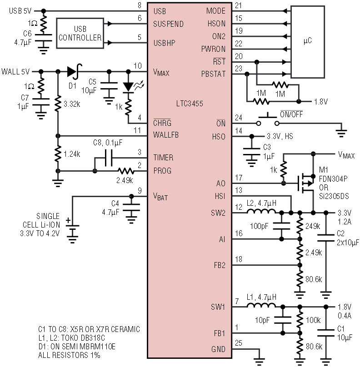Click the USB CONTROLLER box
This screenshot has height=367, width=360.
coord(80,33)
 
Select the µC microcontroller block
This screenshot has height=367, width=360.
coord(308,42)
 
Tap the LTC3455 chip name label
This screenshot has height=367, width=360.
coord(190,104)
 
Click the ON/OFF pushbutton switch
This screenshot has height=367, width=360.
coord(268,120)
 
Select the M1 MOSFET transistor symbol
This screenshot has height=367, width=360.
coord(305,183)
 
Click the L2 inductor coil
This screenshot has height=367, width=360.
coord(261,211)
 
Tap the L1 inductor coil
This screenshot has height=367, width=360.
coord(261,305)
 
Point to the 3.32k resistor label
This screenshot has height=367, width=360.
coord(72,104)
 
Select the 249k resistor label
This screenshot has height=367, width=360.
coord(313,226)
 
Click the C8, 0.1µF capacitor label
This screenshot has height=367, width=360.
coord(108,143)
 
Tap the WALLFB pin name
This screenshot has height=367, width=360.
coord(166,135)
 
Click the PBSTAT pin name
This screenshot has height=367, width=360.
coord(213,74)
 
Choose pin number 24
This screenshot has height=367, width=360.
coord(239,118)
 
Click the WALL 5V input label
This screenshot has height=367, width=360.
coord(15,71)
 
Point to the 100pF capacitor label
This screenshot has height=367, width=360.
coord(259,226)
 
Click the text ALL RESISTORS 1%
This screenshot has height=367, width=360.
coord(69,355)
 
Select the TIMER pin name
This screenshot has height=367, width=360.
coord(163,158)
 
